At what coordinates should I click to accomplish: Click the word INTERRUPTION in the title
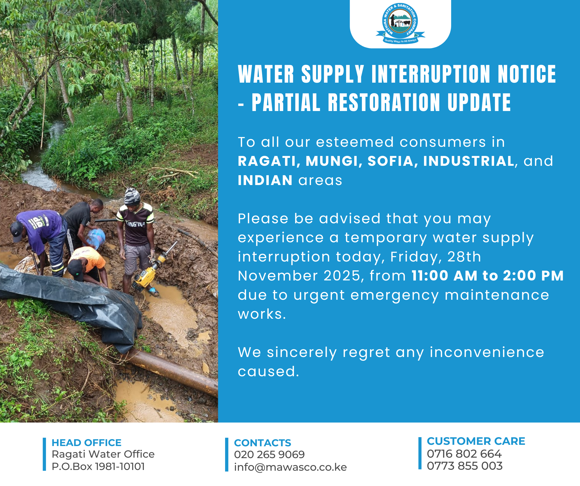tap(431, 74)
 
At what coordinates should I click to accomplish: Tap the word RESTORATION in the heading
tap(384, 102)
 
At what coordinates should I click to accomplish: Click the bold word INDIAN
tap(265, 180)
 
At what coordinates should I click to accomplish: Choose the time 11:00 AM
tap(444, 276)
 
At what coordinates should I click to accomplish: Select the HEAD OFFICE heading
tap(86, 443)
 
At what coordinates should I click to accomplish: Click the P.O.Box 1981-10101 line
tap(98, 467)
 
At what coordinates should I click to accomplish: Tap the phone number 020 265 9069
tap(269, 454)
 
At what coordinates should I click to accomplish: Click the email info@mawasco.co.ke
tap(290, 467)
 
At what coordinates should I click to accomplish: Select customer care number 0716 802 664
tap(464, 454)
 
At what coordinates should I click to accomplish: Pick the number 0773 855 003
tap(464, 466)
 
